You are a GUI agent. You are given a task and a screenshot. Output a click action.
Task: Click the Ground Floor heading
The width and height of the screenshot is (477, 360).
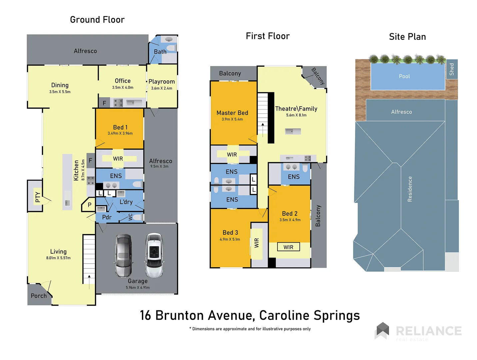pyautogui.click(x=97, y=20)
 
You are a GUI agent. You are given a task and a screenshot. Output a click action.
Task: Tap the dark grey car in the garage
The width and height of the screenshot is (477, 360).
pyautogui.click(x=123, y=256)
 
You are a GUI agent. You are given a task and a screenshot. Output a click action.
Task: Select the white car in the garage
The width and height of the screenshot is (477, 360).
pyautogui.click(x=154, y=256)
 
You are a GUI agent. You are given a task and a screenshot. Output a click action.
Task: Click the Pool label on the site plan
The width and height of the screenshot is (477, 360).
pyautogui.click(x=404, y=76)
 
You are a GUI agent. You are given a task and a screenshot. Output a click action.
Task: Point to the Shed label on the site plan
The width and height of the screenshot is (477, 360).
pyautogui.click(x=452, y=69)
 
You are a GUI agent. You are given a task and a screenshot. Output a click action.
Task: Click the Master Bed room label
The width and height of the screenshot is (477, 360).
pyautogui.click(x=232, y=113)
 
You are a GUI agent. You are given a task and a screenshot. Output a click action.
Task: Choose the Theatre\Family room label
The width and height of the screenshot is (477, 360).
pyautogui.click(x=296, y=109)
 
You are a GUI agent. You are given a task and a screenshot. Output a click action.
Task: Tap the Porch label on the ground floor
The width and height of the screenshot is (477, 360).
pyautogui.click(x=39, y=296)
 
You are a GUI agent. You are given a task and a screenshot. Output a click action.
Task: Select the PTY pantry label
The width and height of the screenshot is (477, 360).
pyautogui.click(x=38, y=197)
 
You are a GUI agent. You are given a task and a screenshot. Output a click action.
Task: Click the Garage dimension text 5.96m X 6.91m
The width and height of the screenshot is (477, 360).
pyautogui.click(x=138, y=287)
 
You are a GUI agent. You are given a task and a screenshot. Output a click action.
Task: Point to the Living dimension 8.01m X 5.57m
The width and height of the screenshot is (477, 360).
pyautogui.click(x=58, y=258)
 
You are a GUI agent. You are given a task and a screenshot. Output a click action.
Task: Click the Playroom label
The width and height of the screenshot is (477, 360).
pyautogui.click(x=162, y=82)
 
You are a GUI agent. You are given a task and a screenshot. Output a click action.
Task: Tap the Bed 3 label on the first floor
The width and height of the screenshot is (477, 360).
pyautogui.click(x=230, y=233)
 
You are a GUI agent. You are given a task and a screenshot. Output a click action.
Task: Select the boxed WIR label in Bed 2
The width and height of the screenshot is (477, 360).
pyautogui.click(x=288, y=247)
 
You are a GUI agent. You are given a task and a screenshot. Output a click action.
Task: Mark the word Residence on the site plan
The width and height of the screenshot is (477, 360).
pyautogui.click(x=410, y=189)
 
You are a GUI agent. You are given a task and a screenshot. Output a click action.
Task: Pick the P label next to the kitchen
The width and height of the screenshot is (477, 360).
pyautogui.click(x=89, y=205)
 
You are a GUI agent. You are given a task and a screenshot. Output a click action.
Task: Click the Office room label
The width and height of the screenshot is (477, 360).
pyautogui.click(x=123, y=81)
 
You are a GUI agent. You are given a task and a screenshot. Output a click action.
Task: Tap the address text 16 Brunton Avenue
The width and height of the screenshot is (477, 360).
pyautogui.click(x=197, y=315)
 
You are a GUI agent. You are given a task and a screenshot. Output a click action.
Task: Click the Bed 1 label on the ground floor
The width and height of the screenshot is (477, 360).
pyautogui.click(x=120, y=127)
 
